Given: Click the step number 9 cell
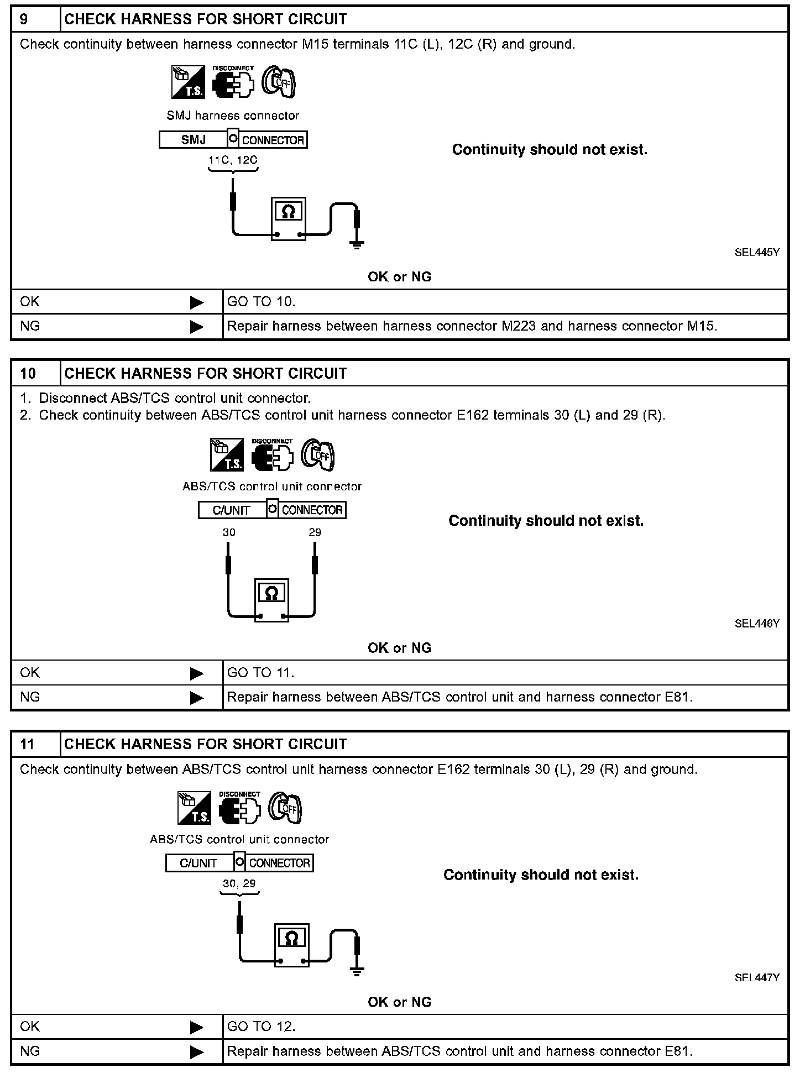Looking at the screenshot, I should pyautogui.click(x=35, y=19).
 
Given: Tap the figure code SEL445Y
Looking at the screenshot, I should pyautogui.click(x=756, y=252).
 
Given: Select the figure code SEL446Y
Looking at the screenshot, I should pyautogui.click(x=756, y=623).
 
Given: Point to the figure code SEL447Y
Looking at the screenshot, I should pyautogui.click(x=756, y=977).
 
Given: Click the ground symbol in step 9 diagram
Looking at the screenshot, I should pyautogui.click(x=357, y=244).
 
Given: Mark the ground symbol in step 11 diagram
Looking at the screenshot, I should pyautogui.click(x=357, y=971).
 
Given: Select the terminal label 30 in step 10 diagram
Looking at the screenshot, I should pyautogui.click(x=229, y=532).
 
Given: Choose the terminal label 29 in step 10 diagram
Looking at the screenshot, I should pyautogui.click(x=315, y=532).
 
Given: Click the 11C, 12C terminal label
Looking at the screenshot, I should pyautogui.click(x=233, y=160).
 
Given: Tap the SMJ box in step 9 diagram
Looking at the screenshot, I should pyautogui.click(x=193, y=140).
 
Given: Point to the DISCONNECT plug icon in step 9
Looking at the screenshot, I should pyautogui.click(x=233, y=83).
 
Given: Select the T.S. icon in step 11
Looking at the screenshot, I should pyautogui.click(x=194, y=808).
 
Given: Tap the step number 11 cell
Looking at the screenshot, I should pyautogui.click(x=35, y=744).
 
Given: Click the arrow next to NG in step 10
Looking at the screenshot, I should pyautogui.click(x=196, y=698).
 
